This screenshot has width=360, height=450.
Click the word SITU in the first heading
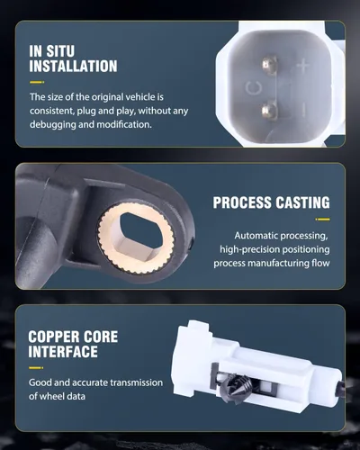tap(60, 51)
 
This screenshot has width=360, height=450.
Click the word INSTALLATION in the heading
tap(73, 67)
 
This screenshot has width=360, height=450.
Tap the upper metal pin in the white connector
tap(269, 65)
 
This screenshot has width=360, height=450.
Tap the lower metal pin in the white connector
tap(269, 110)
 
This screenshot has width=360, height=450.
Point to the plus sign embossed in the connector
tap(303, 67)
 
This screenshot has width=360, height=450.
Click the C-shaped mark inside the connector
tap(253, 88)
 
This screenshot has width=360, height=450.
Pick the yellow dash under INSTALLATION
tap(37, 82)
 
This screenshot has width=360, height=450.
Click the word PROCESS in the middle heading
tap(243, 202)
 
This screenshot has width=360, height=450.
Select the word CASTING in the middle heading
tap(302, 202)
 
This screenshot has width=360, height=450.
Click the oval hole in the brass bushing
tap(141, 229)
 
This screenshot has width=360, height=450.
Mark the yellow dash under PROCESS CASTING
tap(322, 220)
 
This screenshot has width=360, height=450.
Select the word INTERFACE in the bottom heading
tap(63, 352)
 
